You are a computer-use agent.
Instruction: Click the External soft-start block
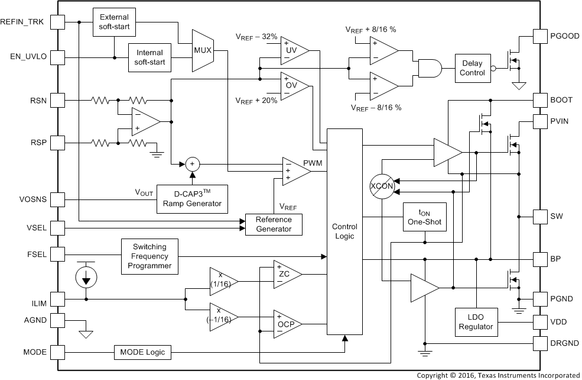(x=115, y=22)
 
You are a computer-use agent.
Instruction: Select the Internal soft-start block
(x=150, y=57)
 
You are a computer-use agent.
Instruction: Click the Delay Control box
(x=472, y=69)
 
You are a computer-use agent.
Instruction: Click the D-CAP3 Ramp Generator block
(x=192, y=198)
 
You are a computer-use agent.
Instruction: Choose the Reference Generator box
(x=274, y=224)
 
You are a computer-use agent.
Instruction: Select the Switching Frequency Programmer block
(x=149, y=256)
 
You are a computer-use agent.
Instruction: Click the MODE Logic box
(x=142, y=353)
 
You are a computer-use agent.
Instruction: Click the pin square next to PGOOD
(x=540, y=36)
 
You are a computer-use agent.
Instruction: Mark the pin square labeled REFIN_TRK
(x=57, y=22)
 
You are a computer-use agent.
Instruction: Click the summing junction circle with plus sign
(x=191, y=164)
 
